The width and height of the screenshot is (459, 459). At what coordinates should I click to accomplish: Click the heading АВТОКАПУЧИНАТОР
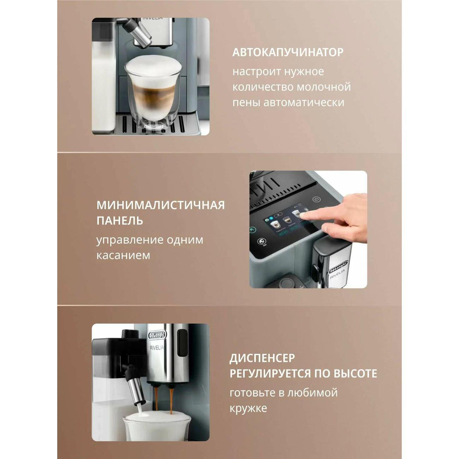288,52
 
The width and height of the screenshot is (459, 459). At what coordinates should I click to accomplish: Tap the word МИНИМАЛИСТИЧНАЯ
161,205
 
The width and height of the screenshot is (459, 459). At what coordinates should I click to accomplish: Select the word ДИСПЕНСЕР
262,358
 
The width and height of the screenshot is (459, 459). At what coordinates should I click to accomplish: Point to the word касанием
123,255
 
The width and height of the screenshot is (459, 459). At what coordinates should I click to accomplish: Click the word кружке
248,409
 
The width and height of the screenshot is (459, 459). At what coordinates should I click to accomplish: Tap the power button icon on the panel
317,199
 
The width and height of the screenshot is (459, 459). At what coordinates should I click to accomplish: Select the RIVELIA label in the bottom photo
157,347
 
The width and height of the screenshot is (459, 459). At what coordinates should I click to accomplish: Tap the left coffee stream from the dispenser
156,399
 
